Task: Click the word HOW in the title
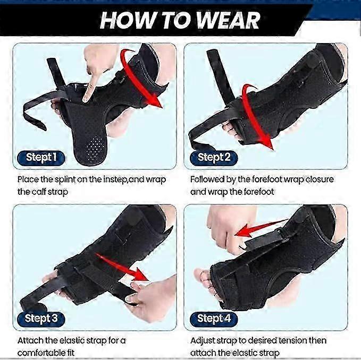coord(125,20)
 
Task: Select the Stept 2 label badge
coord(214,157)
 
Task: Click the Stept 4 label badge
coord(214,319)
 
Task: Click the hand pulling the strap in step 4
coord(223,228)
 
